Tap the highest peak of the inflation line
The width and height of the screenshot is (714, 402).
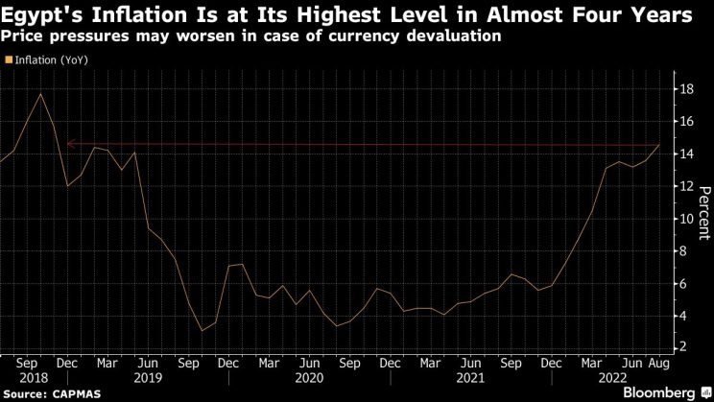click(x=40, y=93)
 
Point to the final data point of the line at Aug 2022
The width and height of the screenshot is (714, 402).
click(x=659, y=145)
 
